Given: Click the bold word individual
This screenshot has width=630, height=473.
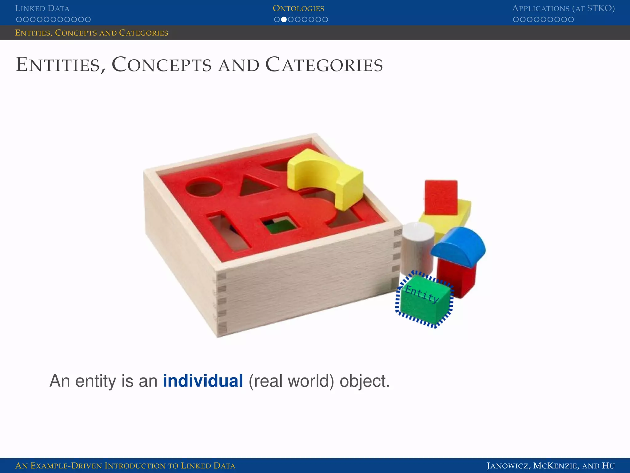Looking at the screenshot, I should click(x=203, y=381).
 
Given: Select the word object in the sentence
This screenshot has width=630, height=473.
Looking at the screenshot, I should click(x=364, y=381).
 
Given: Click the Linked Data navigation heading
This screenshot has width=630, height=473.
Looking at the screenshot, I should click(x=42, y=8).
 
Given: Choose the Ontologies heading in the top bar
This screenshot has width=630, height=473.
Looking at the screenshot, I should click(x=298, y=8).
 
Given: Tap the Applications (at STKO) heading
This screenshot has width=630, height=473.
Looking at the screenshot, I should click(x=563, y=8).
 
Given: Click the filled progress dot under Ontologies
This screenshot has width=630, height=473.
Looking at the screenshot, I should click(x=284, y=19).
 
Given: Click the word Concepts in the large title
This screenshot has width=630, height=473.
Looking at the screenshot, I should click(x=161, y=65).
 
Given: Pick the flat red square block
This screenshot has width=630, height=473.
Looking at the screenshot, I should click(x=441, y=197).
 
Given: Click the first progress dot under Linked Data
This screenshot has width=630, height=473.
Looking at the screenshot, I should click(x=19, y=19).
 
